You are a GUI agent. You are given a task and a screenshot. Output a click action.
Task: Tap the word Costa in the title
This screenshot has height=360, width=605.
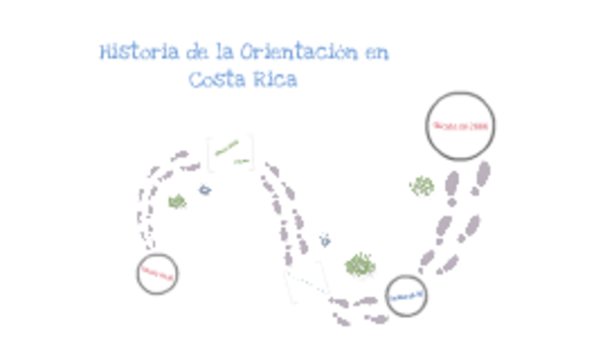click(x=216, y=80)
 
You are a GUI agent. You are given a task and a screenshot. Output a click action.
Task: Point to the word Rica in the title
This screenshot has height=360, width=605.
click(x=274, y=80)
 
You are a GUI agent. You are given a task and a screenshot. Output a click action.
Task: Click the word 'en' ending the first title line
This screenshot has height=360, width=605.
click(x=376, y=53)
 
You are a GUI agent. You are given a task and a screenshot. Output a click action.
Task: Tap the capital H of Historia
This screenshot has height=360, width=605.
click(x=106, y=53)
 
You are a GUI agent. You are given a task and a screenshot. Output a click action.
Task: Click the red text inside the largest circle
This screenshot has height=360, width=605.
click(x=460, y=127)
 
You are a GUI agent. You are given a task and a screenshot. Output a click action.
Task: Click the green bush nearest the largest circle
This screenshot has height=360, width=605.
click(x=422, y=186)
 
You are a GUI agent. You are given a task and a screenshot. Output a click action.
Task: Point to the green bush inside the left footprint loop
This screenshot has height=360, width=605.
click(x=177, y=200)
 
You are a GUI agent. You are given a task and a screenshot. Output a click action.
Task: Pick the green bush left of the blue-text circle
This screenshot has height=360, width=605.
click(x=359, y=266)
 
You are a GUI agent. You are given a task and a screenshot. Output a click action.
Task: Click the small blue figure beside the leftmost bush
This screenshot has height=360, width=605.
click(x=204, y=190)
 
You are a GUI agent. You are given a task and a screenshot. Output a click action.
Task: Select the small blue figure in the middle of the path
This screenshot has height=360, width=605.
click(x=325, y=240)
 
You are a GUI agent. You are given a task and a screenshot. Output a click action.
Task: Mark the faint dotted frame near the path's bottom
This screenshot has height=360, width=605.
click(x=307, y=281)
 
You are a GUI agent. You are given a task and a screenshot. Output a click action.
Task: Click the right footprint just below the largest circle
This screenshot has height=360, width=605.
click(x=483, y=175)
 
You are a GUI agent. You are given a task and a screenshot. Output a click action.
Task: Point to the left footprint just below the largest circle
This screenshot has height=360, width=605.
click(x=453, y=183)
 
